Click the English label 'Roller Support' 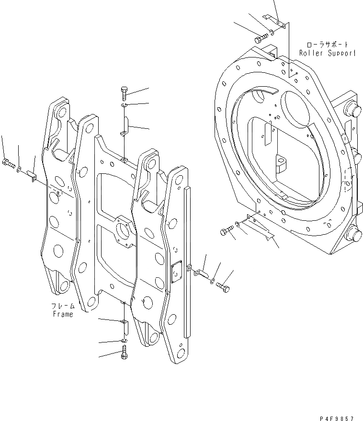[x=328, y=53]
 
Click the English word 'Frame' [x=63, y=314]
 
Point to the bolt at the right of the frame [x=223, y=287]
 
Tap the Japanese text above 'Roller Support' [x=328, y=44]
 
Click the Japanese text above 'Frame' [x=63, y=306]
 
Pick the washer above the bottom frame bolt [x=124, y=340]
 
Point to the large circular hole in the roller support [x=295, y=113]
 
